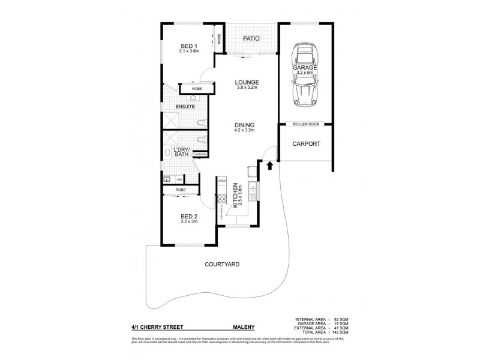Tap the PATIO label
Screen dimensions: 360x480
point(251,39)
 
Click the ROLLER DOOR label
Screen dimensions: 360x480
point(306,125)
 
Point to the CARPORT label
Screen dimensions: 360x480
point(305,144)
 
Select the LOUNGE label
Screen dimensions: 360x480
point(247,82)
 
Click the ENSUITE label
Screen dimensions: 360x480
point(184,107)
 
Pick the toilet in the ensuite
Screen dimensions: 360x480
point(202,124)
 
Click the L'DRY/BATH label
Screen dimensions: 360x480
point(181,152)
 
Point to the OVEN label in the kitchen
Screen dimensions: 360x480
point(221,181)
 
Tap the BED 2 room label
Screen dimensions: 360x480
point(189,217)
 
